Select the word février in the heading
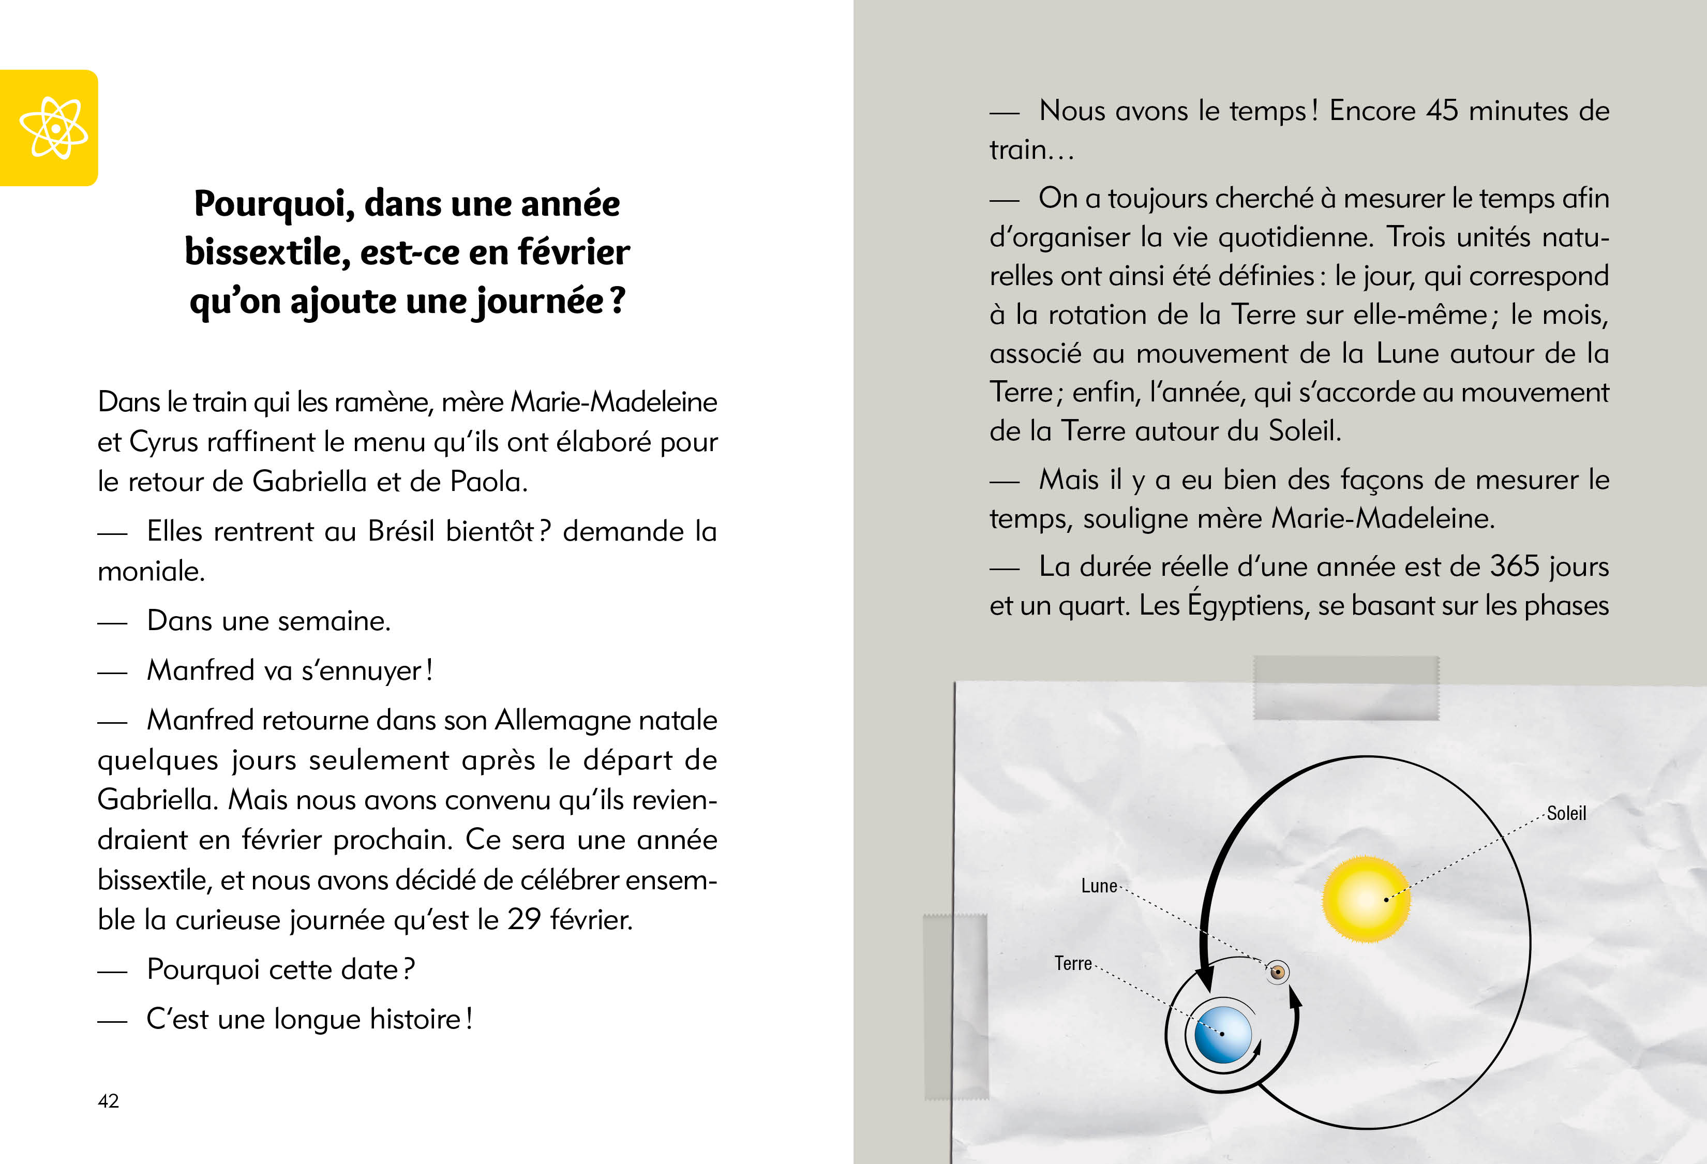point(573,252)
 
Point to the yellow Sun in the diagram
point(1366,899)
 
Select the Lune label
point(1099,886)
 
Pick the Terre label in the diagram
point(1073,963)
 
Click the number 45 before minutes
point(1442,110)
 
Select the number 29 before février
point(523,919)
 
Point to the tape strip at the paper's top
point(1345,688)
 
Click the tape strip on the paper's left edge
point(955,1006)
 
